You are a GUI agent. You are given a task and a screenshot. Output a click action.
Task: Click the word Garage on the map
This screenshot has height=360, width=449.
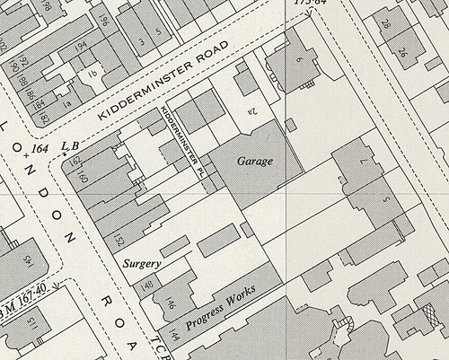(x=255, y=161)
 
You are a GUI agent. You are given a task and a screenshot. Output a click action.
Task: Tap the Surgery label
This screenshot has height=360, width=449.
(x=143, y=264)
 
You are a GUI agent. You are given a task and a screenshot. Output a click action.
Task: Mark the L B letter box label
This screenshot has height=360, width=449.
(x=70, y=145)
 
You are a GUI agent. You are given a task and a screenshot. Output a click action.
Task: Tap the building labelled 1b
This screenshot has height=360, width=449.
(x=91, y=73)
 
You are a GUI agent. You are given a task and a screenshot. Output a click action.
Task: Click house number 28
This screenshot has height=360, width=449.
(x=384, y=24)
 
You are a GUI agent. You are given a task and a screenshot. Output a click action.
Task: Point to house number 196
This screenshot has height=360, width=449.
(x=103, y=19)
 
